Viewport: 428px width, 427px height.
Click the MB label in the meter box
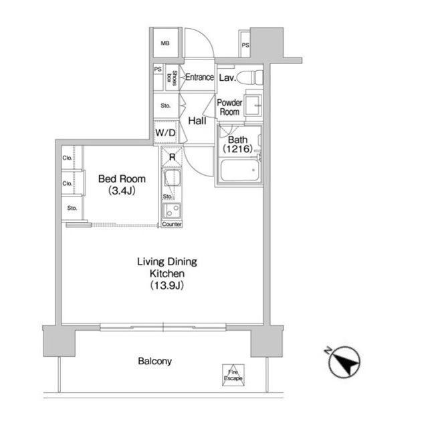[x=165, y=43]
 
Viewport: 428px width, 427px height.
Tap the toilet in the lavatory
[x=249, y=78]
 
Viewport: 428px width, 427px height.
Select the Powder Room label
[x=229, y=107]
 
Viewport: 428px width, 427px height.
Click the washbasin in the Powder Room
[x=253, y=105]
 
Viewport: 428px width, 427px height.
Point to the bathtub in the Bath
[x=239, y=170]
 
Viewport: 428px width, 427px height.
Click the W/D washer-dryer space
[x=165, y=132]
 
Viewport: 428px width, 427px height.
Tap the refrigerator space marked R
[x=172, y=157]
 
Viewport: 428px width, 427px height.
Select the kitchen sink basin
[x=172, y=178]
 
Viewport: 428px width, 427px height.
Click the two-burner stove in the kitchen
[x=172, y=210]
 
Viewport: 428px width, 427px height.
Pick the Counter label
[x=172, y=224]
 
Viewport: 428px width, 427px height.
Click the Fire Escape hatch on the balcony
[x=233, y=375]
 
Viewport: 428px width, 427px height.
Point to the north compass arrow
[x=344, y=362]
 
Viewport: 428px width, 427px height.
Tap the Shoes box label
[x=173, y=78]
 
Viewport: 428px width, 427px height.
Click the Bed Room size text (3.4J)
[x=122, y=190]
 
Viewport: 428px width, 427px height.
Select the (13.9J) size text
[x=167, y=285]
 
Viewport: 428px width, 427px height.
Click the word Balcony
[x=154, y=361]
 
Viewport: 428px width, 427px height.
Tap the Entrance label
[x=199, y=77]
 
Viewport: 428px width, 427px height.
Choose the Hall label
[x=197, y=121]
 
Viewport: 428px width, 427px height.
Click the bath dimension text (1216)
[x=238, y=148]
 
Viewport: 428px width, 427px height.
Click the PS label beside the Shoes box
[x=158, y=69]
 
